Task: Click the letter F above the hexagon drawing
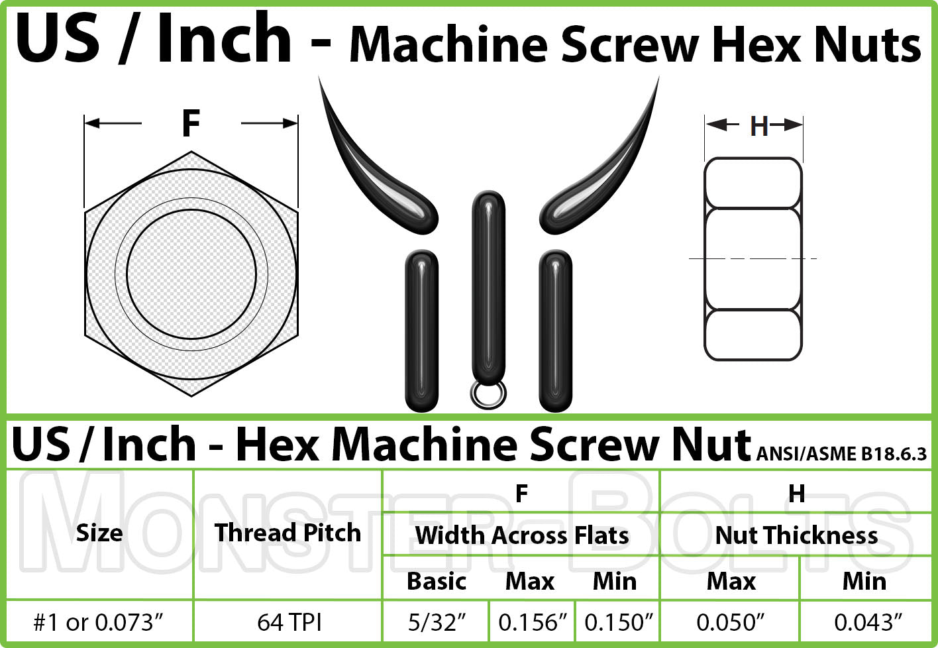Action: [191, 123]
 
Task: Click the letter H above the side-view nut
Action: [758, 126]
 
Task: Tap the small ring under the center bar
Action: [488, 394]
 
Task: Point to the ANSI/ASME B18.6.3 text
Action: [841, 454]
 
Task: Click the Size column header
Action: [99, 533]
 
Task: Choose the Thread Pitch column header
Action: [287, 533]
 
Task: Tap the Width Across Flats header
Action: [521, 535]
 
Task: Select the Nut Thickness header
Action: [796, 535]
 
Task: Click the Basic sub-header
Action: [437, 582]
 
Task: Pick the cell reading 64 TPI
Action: [289, 623]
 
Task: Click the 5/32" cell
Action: [437, 623]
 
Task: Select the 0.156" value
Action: [533, 623]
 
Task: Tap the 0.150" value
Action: [619, 623]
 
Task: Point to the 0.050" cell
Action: [731, 623]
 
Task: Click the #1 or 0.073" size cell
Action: [99, 623]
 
